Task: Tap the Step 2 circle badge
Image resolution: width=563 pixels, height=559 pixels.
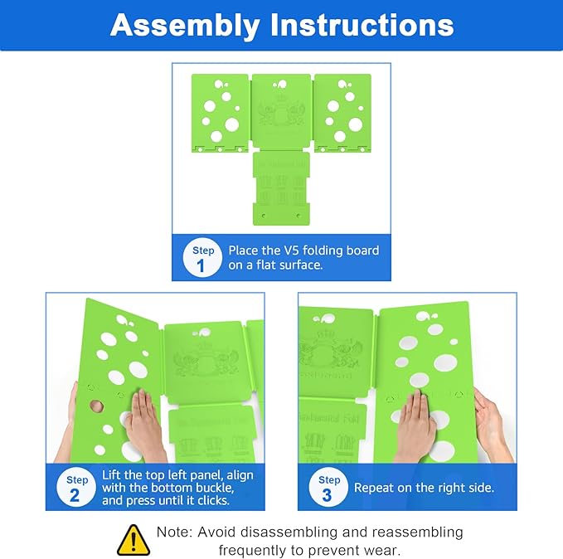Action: point(77,489)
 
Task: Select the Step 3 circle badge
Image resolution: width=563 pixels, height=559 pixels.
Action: point(329,489)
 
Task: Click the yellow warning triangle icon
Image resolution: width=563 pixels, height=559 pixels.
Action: point(133,540)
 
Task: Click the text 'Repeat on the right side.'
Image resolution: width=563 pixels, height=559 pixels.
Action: point(424,489)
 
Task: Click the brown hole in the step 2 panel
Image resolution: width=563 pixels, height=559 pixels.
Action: point(96,407)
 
